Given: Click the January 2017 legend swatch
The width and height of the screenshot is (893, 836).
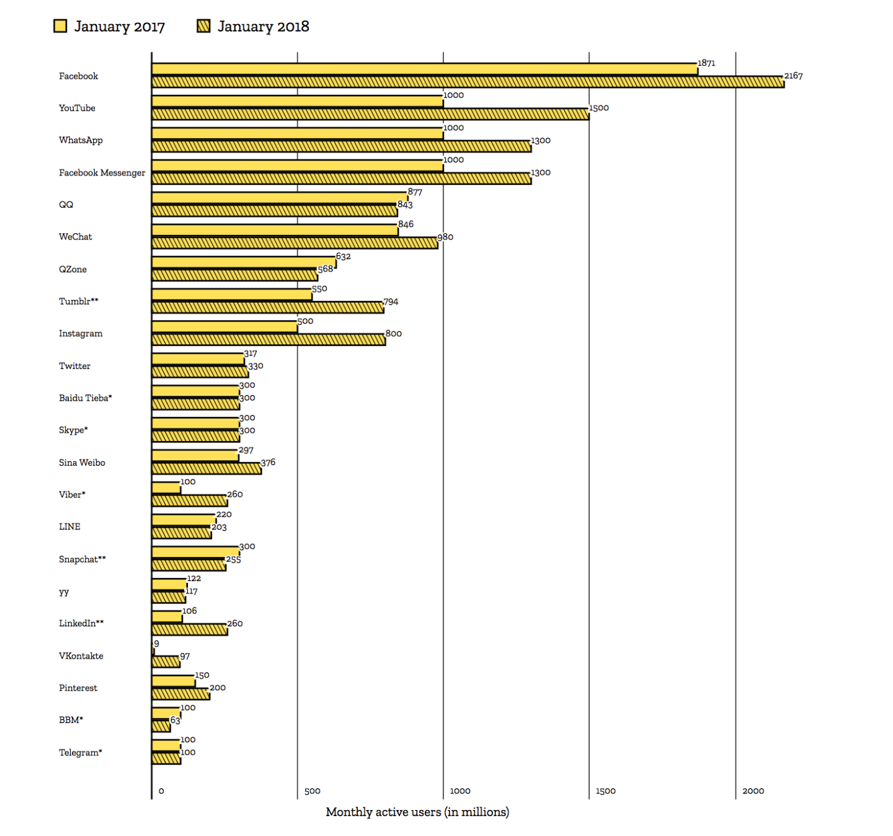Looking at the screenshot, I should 60,26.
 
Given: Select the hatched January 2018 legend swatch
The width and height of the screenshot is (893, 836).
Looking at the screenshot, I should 203,26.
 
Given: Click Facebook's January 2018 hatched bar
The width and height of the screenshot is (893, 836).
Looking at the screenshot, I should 467,82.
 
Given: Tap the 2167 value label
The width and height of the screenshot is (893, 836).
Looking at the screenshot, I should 793,76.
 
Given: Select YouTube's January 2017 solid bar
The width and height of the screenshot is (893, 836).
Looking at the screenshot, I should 297,101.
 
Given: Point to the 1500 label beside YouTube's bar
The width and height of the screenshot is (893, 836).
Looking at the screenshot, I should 598,108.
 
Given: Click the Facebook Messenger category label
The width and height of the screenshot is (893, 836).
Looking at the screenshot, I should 102,172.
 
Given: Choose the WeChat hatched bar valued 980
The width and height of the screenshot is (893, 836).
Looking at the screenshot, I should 295,243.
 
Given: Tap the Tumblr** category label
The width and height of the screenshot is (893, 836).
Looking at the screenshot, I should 78,301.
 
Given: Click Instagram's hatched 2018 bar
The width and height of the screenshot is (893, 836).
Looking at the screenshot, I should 269,339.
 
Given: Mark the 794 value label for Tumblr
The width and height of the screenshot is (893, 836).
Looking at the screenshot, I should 391,302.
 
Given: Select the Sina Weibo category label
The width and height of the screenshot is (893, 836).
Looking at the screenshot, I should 82,463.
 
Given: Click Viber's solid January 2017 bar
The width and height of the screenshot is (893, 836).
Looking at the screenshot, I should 166,488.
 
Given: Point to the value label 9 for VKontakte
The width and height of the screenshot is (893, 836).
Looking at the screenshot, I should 156,644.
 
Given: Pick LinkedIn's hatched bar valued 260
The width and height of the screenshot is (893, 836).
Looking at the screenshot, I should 189,630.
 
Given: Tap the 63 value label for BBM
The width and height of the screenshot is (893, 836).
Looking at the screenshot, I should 175,721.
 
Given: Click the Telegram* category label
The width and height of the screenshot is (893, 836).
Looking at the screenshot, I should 80,753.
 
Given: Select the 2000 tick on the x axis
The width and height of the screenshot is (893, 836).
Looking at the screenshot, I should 753,791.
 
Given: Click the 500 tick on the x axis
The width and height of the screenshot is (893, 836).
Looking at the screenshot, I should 312,791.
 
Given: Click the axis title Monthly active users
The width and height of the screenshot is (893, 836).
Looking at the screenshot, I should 417,812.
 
